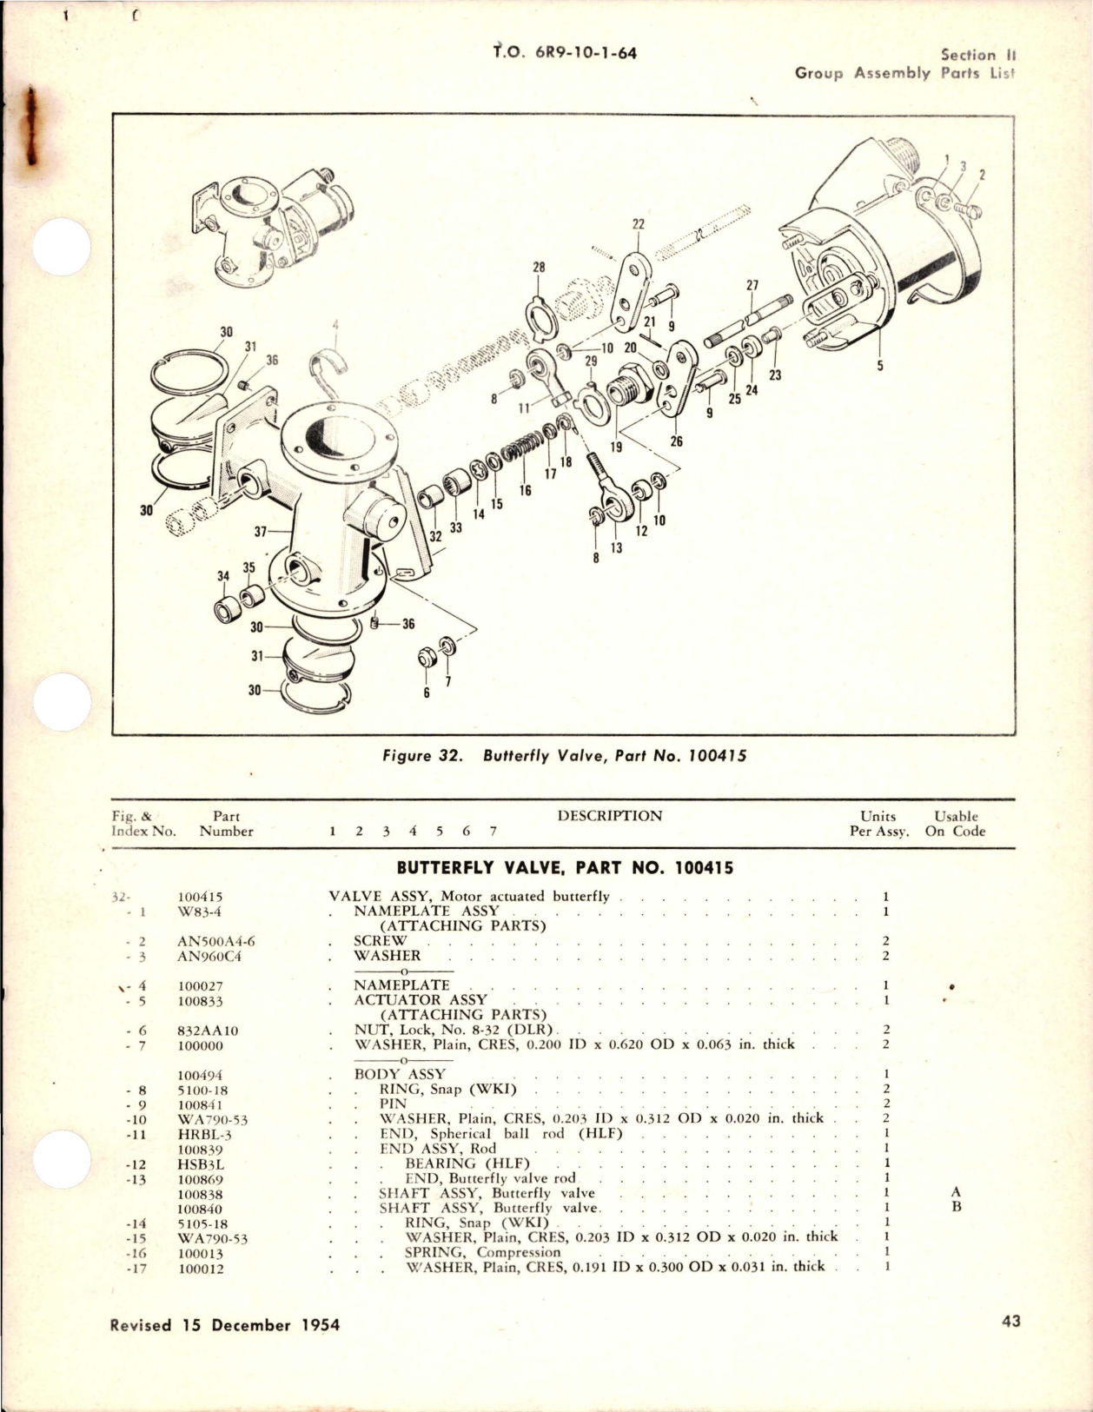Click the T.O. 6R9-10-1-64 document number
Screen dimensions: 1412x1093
click(565, 53)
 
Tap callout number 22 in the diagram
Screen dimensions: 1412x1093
click(639, 224)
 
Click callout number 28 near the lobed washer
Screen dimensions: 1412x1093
click(539, 268)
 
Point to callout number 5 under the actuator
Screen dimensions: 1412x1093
click(879, 366)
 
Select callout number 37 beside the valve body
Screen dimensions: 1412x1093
click(261, 532)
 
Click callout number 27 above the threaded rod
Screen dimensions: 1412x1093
click(752, 284)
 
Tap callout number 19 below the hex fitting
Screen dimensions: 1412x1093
click(616, 447)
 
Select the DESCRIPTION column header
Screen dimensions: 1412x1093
click(609, 816)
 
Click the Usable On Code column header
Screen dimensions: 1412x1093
click(955, 824)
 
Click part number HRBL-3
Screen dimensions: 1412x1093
click(204, 1135)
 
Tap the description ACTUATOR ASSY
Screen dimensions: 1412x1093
click(420, 1000)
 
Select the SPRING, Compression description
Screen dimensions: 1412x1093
click(482, 1252)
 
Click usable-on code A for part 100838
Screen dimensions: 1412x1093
click(956, 1193)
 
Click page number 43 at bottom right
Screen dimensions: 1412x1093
click(1010, 1321)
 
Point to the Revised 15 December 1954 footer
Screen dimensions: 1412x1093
click(225, 1325)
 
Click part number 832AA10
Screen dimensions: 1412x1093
click(208, 1031)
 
